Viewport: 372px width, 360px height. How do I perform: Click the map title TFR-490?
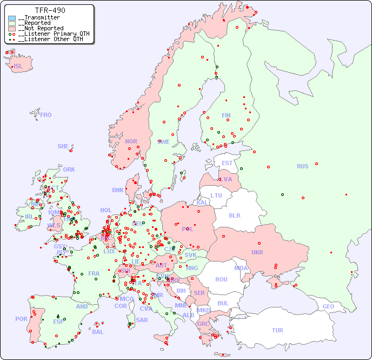pyautogui.click(x=50, y=10)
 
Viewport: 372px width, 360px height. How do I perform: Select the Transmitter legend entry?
pyautogui.click(x=38, y=17)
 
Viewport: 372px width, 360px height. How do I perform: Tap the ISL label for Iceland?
pyautogui.click(x=18, y=67)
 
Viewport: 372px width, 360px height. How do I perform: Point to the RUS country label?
pyautogui.click(x=302, y=166)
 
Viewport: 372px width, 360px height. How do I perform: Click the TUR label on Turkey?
pyautogui.click(x=277, y=330)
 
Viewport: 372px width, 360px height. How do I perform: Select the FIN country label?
pyautogui.click(x=226, y=115)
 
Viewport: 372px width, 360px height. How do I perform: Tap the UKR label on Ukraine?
pyautogui.click(x=257, y=252)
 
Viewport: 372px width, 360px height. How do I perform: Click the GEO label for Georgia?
pyautogui.click(x=328, y=306)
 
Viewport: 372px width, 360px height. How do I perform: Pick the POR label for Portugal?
pyautogui.click(x=21, y=319)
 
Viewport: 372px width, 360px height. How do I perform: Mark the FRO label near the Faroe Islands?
pyautogui.click(x=46, y=115)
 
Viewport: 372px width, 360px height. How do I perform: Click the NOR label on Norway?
pyautogui.click(x=131, y=141)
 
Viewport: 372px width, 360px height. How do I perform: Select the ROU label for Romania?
pyautogui.click(x=221, y=279)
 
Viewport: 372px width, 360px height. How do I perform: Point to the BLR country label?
pyautogui.click(x=234, y=215)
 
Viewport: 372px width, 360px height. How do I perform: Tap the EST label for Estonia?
pyautogui.click(x=227, y=163)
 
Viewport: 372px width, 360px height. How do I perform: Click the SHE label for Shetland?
pyautogui.click(x=63, y=146)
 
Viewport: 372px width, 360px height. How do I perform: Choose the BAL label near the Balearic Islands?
pyautogui.click(x=97, y=332)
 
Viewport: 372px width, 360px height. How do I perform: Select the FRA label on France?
pyautogui.click(x=94, y=273)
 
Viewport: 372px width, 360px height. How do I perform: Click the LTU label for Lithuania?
pyautogui.click(x=216, y=195)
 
